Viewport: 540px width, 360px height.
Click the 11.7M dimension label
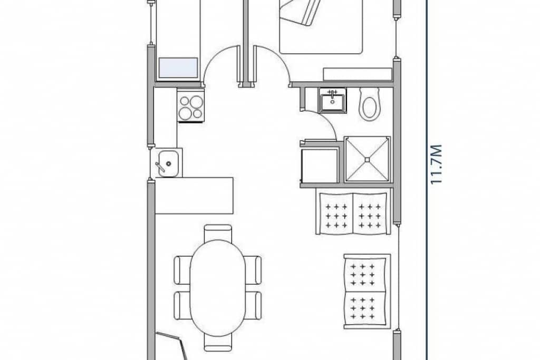pyautogui.click(x=436, y=165)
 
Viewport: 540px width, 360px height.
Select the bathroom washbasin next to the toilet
pyautogui.click(x=332, y=100)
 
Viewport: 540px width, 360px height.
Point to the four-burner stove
pyautogui.click(x=190, y=106)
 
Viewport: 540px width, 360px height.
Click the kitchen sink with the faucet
pyautogui.click(x=166, y=162)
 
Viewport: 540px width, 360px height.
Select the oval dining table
pyautogui.click(x=218, y=287)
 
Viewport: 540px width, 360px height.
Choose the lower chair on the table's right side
pyautogui.click(x=254, y=305)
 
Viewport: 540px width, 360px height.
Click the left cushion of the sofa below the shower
pyautogui.click(x=334, y=213)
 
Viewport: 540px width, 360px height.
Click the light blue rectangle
pyautogui.click(x=178, y=67)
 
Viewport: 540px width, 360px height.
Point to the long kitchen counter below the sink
pyautogui.click(x=194, y=196)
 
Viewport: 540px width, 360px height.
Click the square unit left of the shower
pyautogui.click(x=319, y=164)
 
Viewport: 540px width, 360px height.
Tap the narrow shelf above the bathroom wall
pyautogui.click(x=358, y=74)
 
